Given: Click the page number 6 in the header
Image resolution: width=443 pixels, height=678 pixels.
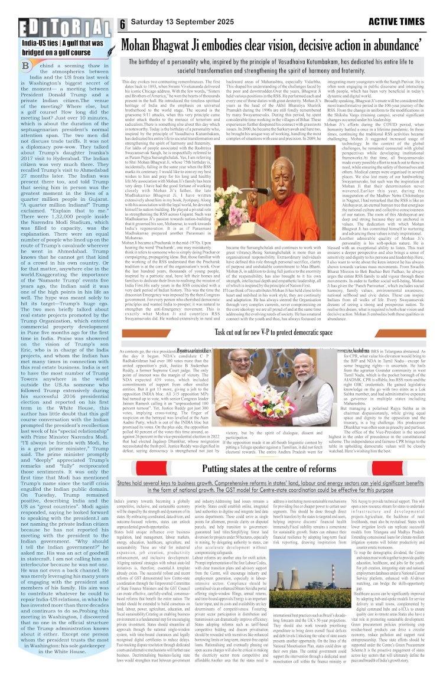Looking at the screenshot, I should (x=123, y=24).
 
